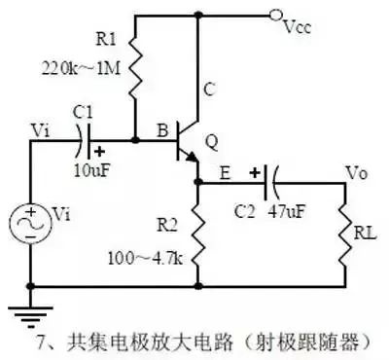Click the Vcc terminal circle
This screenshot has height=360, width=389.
[x=274, y=16]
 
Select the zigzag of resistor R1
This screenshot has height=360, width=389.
[x=135, y=68]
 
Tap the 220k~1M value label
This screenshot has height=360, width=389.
[x=81, y=69]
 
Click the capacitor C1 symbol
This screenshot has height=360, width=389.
[x=85, y=141]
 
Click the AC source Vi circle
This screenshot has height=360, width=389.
[x=31, y=225]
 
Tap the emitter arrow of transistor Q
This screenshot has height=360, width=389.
[x=192, y=157]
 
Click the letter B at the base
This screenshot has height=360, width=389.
[x=162, y=130]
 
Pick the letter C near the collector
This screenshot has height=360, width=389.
[x=209, y=89]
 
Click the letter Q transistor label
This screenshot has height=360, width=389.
[x=211, y=143]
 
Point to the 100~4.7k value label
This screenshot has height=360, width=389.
[x=145, y=259]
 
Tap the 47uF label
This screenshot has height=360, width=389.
[x=287, y=212]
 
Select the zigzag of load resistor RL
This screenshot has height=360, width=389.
[x=345, y=235]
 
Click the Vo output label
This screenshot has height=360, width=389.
[x=357, y=173]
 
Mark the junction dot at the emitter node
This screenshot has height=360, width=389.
[x=198, y=182]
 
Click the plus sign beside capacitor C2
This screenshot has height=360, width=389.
[x=255, y=173]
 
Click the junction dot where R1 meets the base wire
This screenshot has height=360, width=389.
[x=136, y=140]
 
